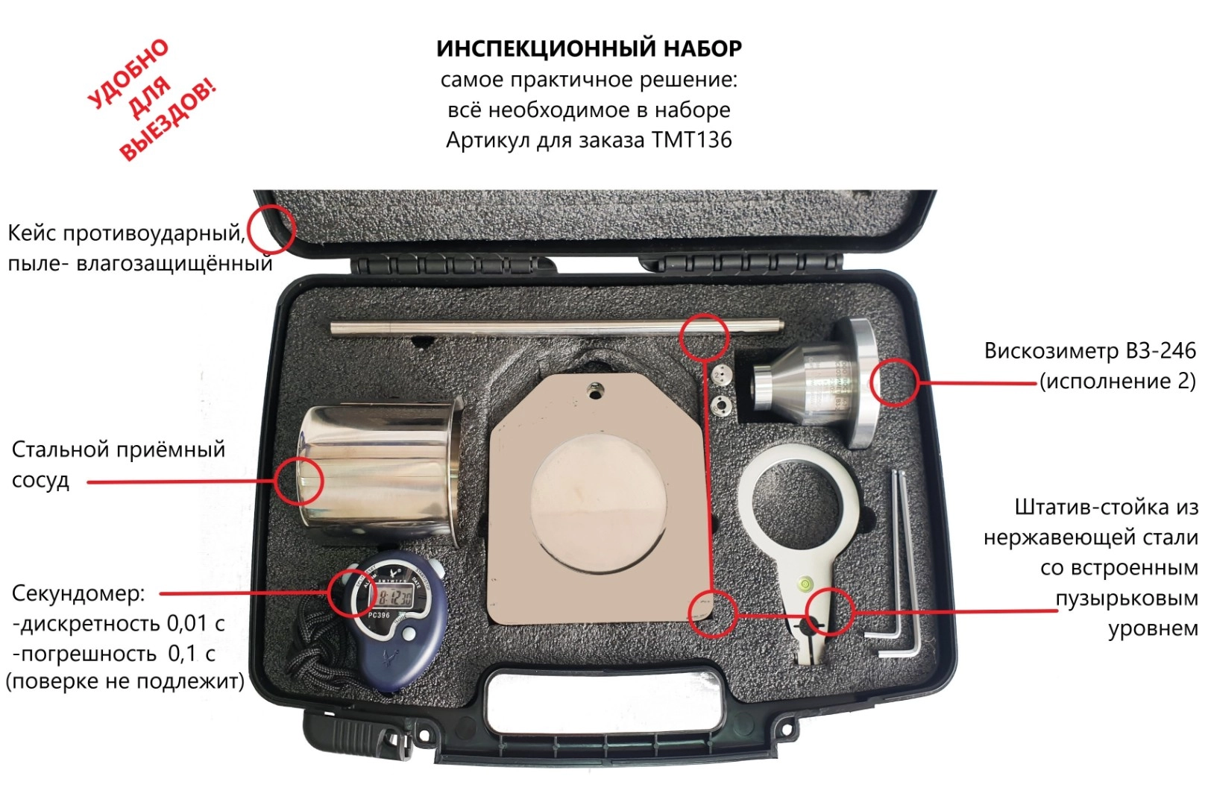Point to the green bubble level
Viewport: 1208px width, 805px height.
coord(805,583)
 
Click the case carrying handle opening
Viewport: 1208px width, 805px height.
coord(603,699)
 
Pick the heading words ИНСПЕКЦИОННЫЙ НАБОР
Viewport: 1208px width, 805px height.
coord(589,48)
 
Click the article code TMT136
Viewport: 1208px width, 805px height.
coord(692,140)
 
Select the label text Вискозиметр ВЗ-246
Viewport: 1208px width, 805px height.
coord(1090,350)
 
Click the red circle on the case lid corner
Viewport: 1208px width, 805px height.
coord(271,229)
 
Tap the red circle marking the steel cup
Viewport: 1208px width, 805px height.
coord(299,481)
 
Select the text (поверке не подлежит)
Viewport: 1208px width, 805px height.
coord(125,682)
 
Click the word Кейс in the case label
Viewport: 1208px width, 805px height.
coord(33,233)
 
